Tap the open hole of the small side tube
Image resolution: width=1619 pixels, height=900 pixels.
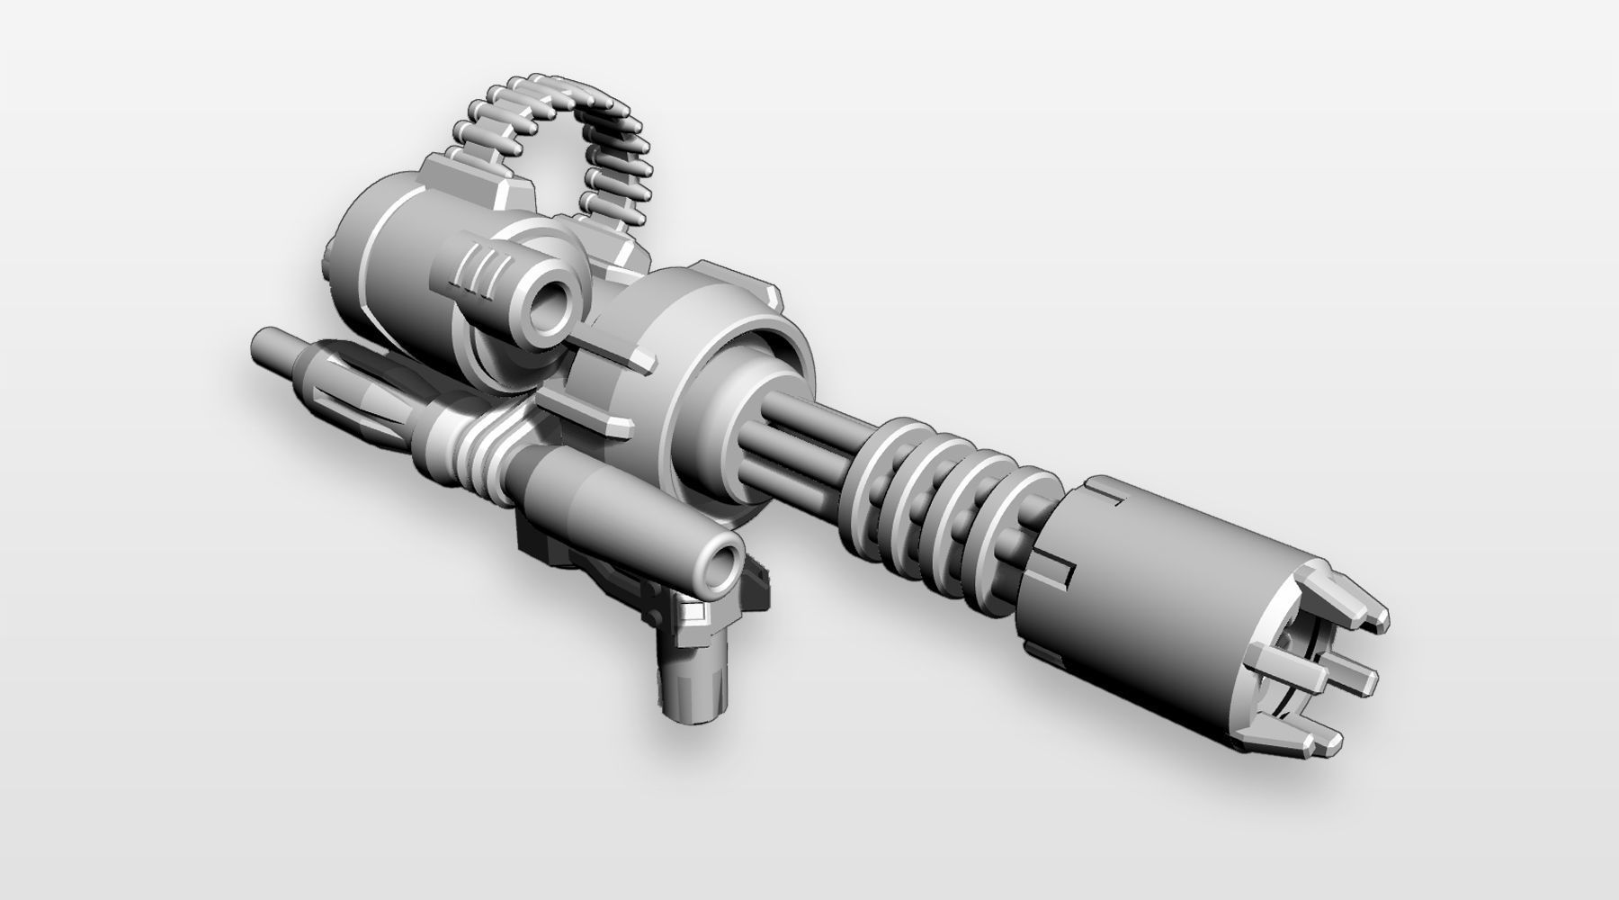551,314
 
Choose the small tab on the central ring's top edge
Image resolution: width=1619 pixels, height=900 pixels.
770,292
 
